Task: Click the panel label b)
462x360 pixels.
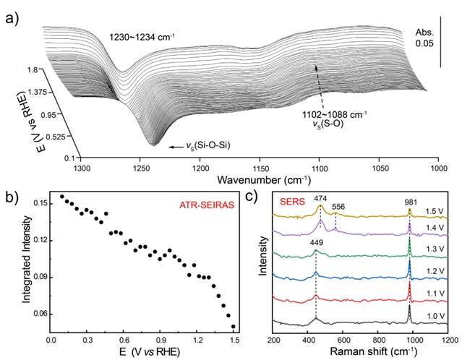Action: [12, 197]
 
